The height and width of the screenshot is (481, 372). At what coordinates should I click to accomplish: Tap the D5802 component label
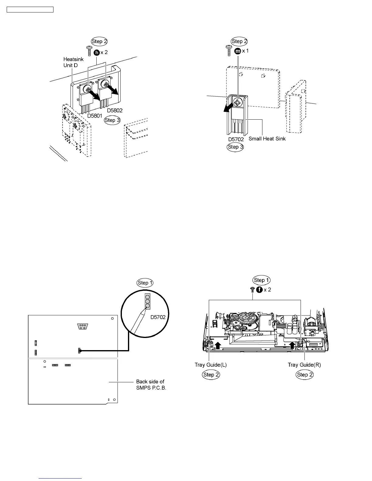click(115, 111)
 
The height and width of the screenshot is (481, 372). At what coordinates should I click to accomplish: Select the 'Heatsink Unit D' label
click(73, 62)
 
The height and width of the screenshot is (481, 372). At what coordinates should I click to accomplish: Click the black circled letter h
click(97, 52)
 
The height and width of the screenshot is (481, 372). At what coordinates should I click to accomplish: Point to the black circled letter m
click(238, 51)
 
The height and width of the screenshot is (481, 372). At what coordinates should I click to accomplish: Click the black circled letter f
click(259, 290)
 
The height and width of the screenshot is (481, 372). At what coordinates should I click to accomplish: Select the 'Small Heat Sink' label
click(267, 139)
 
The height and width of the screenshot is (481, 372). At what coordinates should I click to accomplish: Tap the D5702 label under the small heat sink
click(236, 139)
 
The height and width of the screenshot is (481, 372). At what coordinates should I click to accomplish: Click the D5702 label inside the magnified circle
click(158, 317)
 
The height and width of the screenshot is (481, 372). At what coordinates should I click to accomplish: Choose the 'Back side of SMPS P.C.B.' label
click(151, 384)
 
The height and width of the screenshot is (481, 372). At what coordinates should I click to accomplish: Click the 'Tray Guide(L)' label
click(210, 365)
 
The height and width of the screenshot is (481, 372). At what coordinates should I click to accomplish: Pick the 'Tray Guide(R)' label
click(304, 365)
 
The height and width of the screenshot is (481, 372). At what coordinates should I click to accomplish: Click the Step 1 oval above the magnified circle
click(145, 283)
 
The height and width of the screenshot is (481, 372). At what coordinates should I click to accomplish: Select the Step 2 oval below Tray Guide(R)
click(305, 375)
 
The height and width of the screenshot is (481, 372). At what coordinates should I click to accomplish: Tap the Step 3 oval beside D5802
click(112, 120)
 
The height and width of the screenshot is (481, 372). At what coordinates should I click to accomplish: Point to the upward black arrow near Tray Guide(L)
click(218, 345)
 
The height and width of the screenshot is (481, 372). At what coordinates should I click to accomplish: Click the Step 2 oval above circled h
click(99, 42)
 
